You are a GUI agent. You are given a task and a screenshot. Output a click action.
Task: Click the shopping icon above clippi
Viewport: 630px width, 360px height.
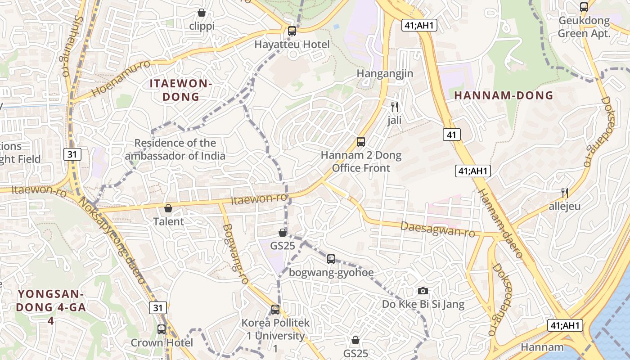[202, 13]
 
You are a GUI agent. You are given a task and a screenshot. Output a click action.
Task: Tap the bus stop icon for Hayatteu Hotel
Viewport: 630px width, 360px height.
[292, 31]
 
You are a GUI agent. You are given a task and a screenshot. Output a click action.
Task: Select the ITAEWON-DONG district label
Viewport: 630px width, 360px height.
[180, 90]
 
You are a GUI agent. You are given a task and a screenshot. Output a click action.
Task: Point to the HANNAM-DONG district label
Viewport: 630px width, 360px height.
[503, 95]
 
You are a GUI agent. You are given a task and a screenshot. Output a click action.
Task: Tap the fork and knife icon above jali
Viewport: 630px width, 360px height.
[395, 107]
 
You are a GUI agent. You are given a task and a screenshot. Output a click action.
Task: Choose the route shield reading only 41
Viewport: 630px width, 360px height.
[452, 134]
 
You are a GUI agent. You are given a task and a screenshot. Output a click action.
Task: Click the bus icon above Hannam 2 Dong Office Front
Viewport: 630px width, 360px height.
[361, 142]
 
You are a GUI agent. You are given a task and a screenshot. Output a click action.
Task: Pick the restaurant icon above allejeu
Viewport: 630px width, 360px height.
[565, 193]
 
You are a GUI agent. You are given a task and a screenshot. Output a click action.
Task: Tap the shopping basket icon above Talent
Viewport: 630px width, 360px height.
[168, 208]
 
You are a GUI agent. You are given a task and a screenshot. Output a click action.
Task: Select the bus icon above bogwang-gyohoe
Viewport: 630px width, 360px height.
[331, 259]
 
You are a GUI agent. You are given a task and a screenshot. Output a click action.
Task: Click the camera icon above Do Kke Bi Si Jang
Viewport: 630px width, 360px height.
[423, 291]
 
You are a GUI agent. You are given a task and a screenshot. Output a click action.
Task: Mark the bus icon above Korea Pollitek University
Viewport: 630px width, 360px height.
[275, 310]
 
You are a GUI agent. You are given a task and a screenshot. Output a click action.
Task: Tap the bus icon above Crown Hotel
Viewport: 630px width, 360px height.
[162, 329]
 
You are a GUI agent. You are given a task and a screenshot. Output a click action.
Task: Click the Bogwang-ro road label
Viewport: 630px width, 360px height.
[235, 254]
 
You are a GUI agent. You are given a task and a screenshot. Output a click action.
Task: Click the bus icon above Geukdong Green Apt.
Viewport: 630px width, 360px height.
[584, 7]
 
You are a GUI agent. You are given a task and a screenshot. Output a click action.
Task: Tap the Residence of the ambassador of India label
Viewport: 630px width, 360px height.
[175, 149]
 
